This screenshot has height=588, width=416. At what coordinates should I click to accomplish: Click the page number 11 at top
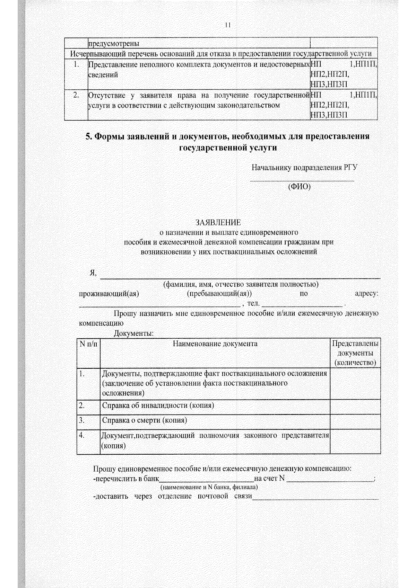227,25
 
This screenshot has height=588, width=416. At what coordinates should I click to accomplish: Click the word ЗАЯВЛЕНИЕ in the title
218,222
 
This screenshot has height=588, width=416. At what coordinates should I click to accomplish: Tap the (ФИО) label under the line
300,187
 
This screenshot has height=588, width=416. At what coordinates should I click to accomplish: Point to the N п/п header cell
88,344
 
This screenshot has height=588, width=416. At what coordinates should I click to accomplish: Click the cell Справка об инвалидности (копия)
158,406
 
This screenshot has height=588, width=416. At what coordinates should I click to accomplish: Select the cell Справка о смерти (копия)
145,420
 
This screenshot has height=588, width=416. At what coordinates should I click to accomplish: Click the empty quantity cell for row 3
355,421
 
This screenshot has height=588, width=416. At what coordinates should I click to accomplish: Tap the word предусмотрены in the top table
114,44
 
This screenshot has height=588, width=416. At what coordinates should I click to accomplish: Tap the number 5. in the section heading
89,136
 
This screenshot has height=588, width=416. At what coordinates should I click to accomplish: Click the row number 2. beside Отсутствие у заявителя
76,95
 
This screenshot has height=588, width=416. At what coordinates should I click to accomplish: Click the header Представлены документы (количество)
355,353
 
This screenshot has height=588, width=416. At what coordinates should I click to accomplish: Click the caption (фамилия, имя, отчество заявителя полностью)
241,284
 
